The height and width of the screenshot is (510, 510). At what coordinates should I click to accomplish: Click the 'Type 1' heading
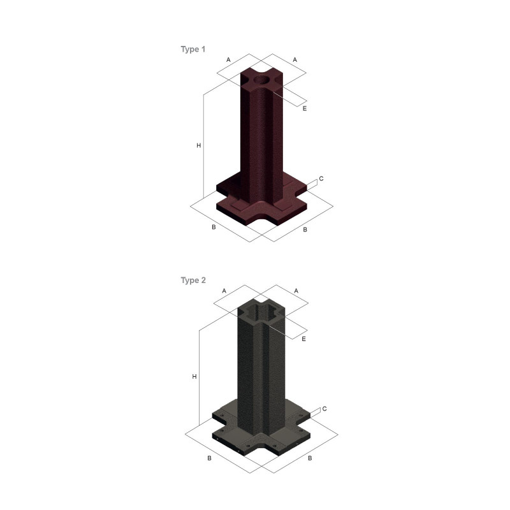pos(193,49)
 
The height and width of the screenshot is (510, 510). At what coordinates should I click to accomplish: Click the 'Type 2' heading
pos(193,280)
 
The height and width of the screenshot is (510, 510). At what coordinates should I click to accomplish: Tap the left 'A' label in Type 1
pos(228,59)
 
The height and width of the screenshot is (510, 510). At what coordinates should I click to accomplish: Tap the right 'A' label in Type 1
pos(295,59)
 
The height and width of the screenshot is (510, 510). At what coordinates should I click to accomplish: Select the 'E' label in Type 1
pos(305,108)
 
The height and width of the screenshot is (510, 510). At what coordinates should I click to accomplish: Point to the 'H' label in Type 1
pos(199,145)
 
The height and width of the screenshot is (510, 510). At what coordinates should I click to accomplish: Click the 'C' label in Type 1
pos(321,178)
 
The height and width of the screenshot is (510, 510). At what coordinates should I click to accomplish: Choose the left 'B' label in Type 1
pos(214,227)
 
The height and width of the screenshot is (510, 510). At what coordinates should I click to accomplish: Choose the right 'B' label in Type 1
pos(305,229)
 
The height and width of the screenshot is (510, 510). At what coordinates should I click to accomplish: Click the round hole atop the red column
pos(261,80)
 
